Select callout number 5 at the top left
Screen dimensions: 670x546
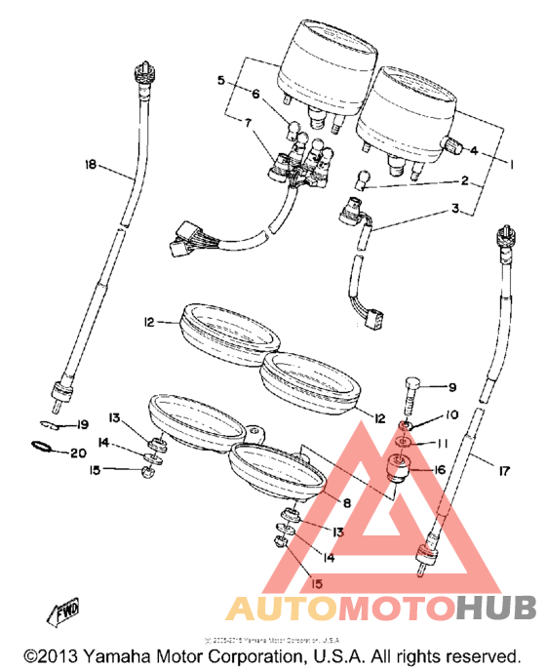click(x=221, y=79)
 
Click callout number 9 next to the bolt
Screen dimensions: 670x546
click(x=451, y=387)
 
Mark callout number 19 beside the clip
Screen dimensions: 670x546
click(x=82, y=424)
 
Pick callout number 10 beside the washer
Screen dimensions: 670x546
click(x=451, y=415)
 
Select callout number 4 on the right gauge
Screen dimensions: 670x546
click(x=475, y=151)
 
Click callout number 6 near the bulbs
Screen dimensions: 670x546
click(x=256, y=95)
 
